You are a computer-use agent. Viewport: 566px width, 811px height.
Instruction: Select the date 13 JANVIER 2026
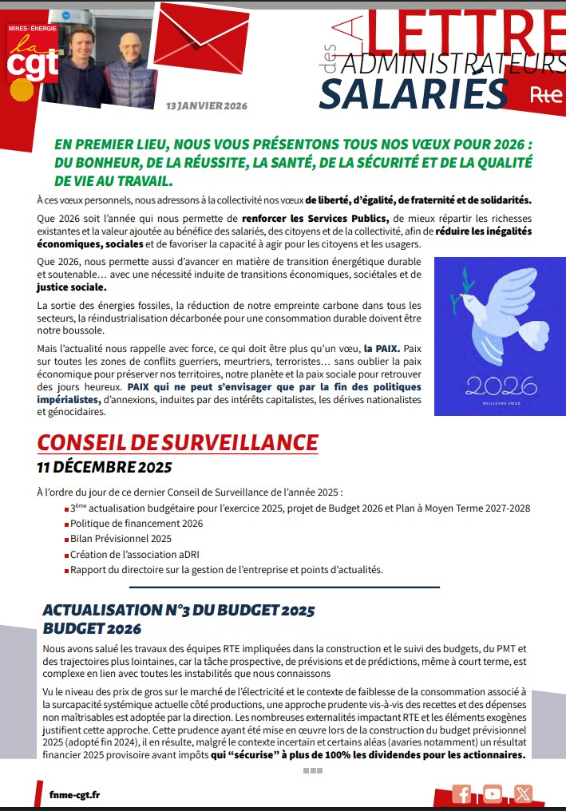click(x=207, y=106)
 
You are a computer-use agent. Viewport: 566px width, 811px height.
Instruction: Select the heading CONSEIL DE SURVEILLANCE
click(x=178, y=443)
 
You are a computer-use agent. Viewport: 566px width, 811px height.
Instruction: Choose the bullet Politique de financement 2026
click(x=137, y=524)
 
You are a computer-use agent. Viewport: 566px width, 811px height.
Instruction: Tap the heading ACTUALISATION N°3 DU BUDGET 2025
click(x=179, y=611)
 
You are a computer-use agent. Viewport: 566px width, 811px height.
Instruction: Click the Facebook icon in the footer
click(x=461, y=793)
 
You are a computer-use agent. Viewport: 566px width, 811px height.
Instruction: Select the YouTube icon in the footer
click(x=493, y=793)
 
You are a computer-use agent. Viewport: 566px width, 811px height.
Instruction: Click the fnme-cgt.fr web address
click(x=74, y=794)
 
